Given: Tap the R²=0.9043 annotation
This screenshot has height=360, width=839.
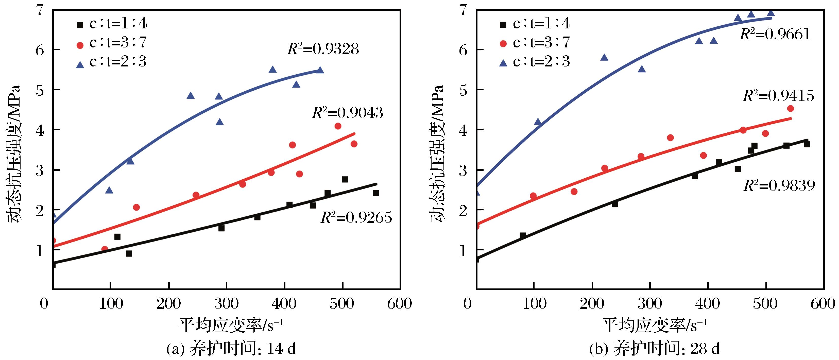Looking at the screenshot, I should coord(348,113).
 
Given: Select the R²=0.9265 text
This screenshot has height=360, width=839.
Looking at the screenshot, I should coord(356,218).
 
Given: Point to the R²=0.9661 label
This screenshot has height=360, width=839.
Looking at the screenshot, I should coord(775,34).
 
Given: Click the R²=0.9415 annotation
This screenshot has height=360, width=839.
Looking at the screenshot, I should coord(778,96).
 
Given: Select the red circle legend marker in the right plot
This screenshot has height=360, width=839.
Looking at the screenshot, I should coord(503,43).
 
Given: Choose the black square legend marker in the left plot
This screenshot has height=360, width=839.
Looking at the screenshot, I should coord(80,24).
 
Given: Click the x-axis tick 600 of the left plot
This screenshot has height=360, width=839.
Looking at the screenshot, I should coord(400,304).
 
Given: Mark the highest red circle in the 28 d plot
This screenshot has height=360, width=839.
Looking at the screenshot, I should coord(790,109).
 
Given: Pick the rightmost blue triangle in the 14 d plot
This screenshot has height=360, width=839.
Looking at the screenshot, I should coord(320,70).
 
